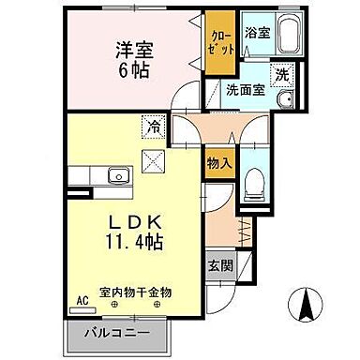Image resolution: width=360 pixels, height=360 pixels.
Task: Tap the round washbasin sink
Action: point(287,99)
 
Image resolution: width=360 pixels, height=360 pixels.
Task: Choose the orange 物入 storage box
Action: point(218,163)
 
